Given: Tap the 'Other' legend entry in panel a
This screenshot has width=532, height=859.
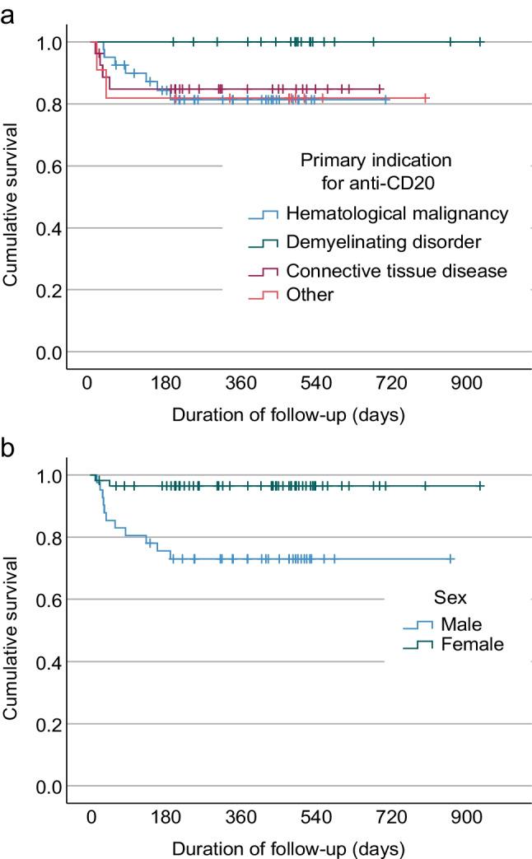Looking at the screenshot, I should click(310, 294).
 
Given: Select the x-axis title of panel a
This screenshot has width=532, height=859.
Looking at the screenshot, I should click(287, 415).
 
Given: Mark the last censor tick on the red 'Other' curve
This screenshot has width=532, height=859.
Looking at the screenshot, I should click(425, 98).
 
